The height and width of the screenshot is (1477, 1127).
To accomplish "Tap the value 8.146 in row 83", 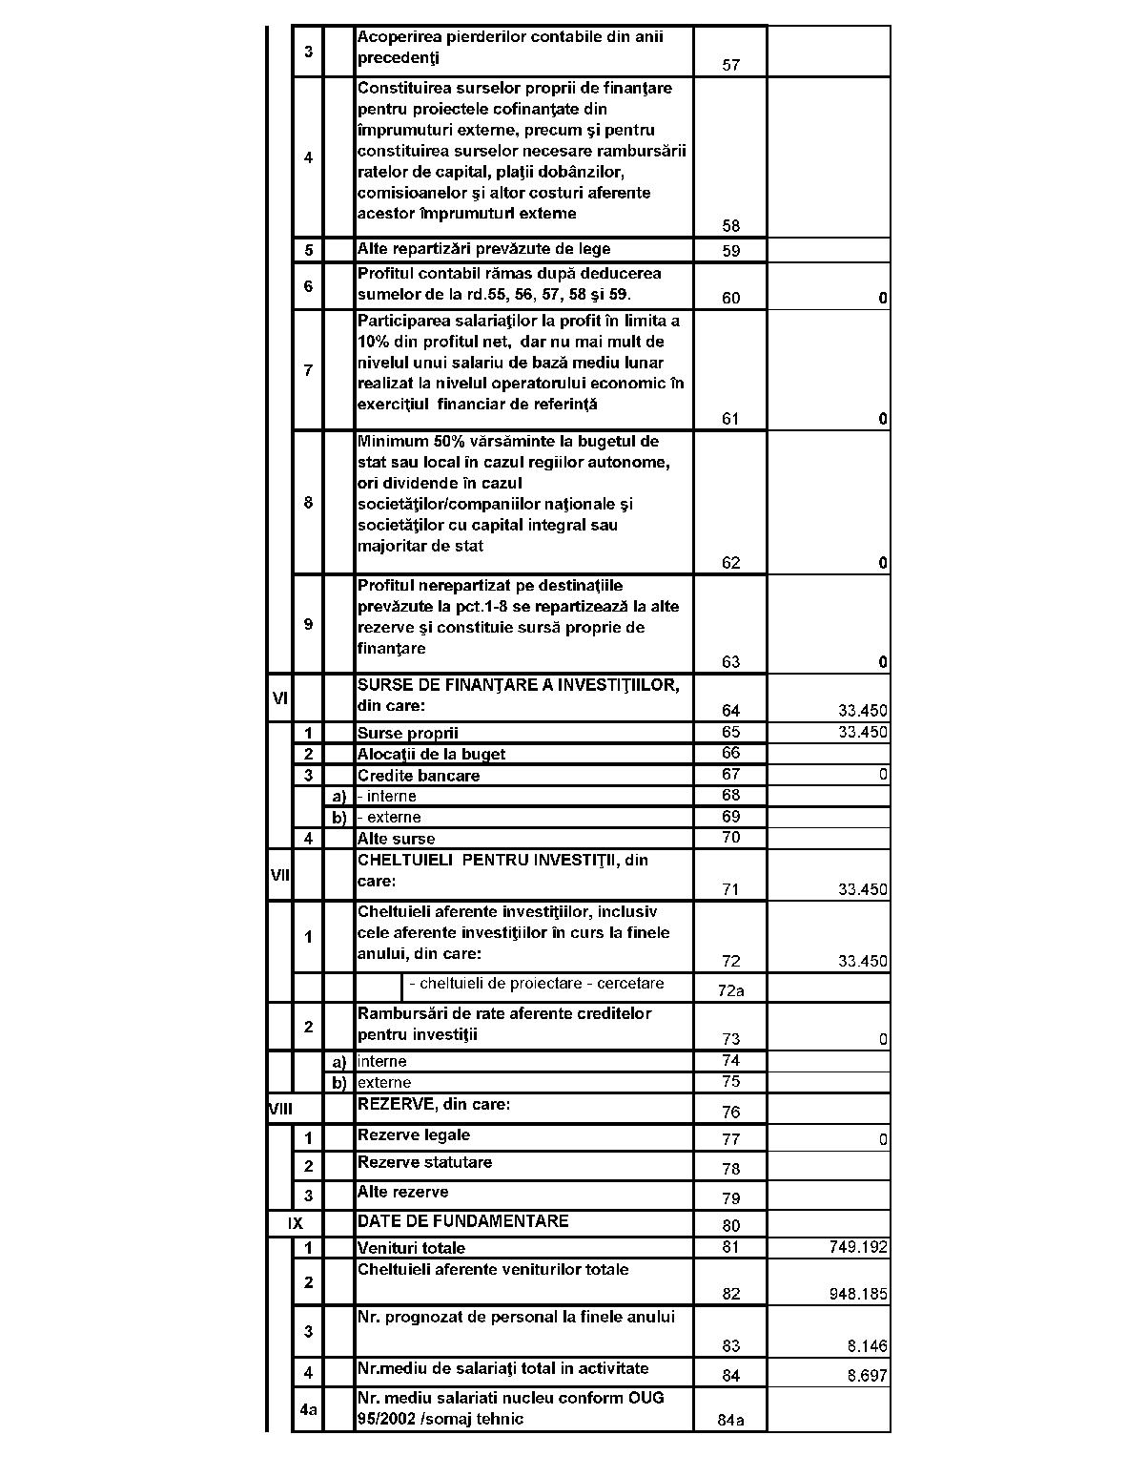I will click(867, 1346).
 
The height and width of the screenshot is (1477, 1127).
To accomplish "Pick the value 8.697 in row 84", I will click(867, 1376).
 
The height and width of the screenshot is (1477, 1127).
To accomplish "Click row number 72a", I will click(730, 990).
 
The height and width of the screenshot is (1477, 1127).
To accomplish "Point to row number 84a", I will click(730, 1421).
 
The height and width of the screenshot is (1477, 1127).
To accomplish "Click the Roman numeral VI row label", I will click(280, 698).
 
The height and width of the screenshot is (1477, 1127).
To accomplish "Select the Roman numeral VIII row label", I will click(280, 1109).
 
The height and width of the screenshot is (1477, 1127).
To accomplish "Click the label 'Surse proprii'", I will click(407, 734).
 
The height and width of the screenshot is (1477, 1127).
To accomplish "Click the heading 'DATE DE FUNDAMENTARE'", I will click(462, 1221).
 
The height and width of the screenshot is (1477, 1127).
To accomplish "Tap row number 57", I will click(730, 66).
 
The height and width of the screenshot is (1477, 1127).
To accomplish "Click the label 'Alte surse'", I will click(396, 840).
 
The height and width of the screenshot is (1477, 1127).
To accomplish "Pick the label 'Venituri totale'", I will click(411, 1248).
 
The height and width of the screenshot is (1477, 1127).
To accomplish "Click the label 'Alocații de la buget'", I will click(431, 755).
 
